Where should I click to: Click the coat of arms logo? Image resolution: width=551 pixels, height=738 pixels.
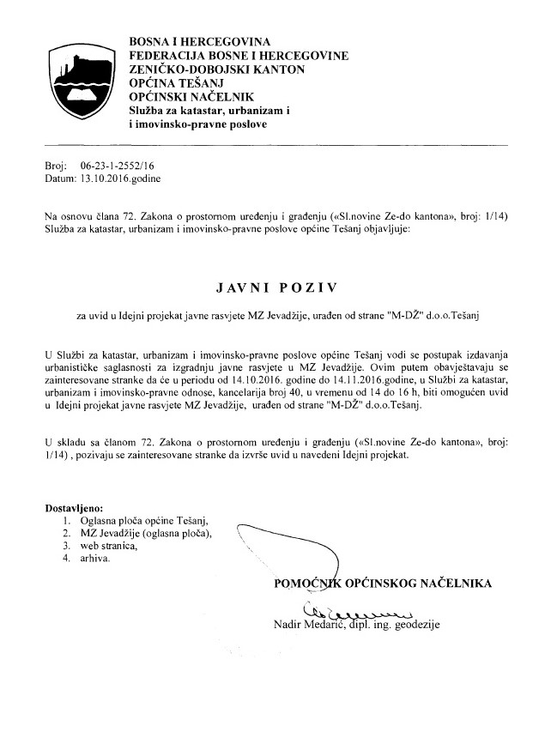[78, 73]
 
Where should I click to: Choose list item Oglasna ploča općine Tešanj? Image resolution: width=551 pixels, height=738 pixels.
[142, 520]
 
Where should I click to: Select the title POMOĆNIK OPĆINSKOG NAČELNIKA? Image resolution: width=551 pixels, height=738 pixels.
[382, 584]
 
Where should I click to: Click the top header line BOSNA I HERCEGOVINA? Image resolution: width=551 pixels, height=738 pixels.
[199, 41]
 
